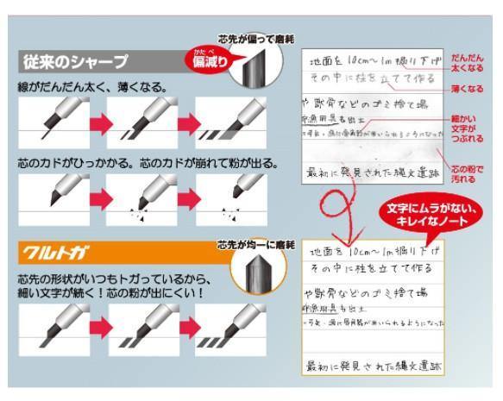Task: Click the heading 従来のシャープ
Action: coord(73,63)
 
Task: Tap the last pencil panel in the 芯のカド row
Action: coord(229,197)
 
